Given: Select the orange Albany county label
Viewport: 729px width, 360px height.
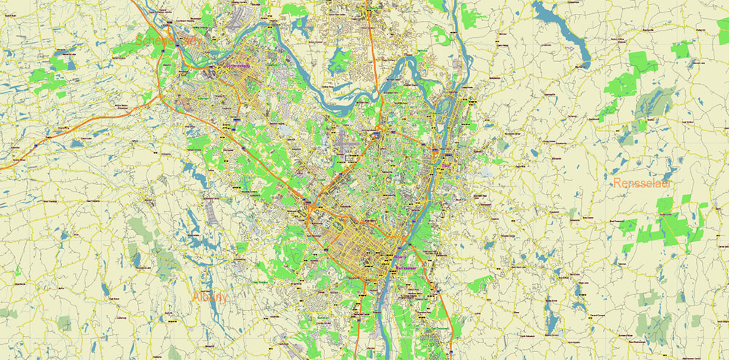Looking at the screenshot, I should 211,297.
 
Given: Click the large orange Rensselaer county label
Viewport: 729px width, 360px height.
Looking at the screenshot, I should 642,183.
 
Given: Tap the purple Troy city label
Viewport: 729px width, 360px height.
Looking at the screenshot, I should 446,165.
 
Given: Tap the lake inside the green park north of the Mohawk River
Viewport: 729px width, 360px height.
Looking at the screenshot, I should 338,63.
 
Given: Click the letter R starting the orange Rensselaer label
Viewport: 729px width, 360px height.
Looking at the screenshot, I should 617,183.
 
